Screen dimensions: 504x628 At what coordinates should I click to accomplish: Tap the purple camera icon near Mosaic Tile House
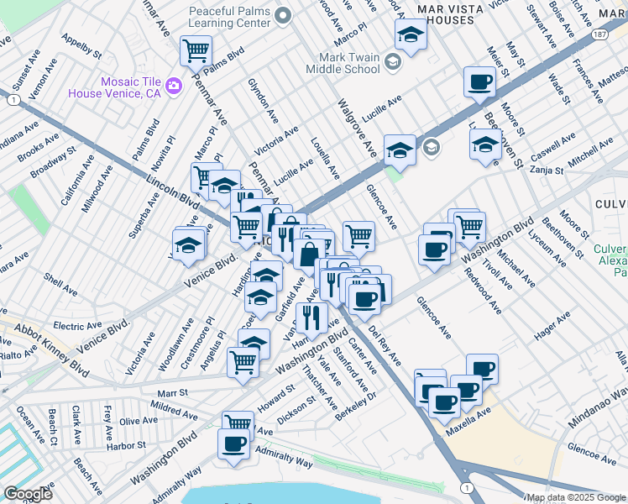tap(174, 85)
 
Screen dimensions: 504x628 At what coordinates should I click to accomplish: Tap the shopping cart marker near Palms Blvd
tap(196, 51)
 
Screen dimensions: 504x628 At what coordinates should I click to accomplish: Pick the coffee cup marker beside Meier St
tap(479, 82)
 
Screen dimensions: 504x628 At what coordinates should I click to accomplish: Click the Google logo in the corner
tap(28, 494)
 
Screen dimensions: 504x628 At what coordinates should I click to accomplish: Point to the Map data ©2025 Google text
tap(577, 497)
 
